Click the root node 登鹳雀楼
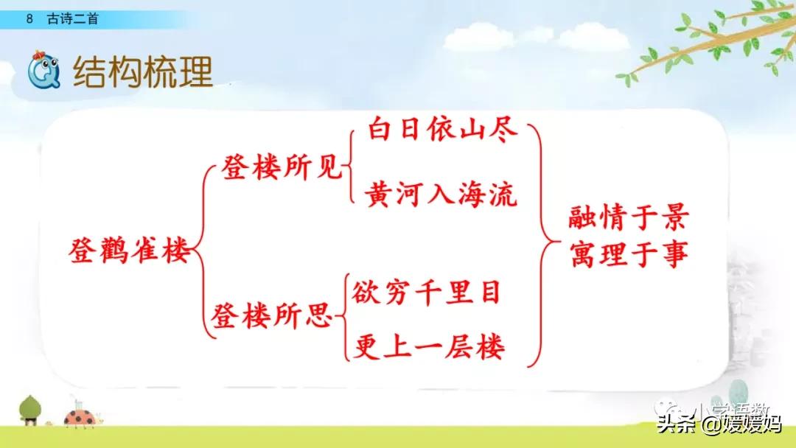click(128, 253)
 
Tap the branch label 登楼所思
click(273, 318)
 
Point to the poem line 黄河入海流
click(441, 195)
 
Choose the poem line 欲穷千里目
click(427, 293)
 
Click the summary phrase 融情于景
click(628, 219)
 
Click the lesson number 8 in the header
click(28, 20)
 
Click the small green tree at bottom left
click(30, 409)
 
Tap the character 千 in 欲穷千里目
click(427, 293)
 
